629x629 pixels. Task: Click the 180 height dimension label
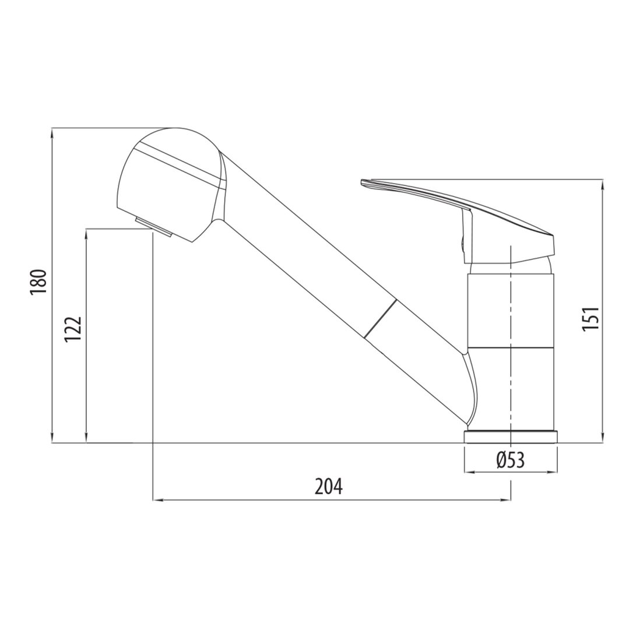[38, 282]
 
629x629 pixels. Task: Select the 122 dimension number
[73, 329]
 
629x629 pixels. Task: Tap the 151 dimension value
[591, 319]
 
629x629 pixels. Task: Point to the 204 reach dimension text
[329, 487]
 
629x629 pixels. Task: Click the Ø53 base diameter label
[510, 461]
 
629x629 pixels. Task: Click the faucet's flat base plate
[510, 437]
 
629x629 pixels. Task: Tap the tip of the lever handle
[362, 182]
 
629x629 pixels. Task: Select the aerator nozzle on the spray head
[154, 227]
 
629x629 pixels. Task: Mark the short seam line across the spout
[380, 318]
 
